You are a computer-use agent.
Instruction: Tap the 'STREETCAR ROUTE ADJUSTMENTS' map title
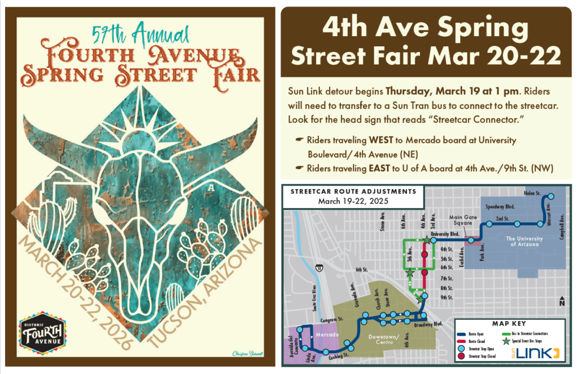tap(353, 191)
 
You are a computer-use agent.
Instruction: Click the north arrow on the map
tap(561, 301)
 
